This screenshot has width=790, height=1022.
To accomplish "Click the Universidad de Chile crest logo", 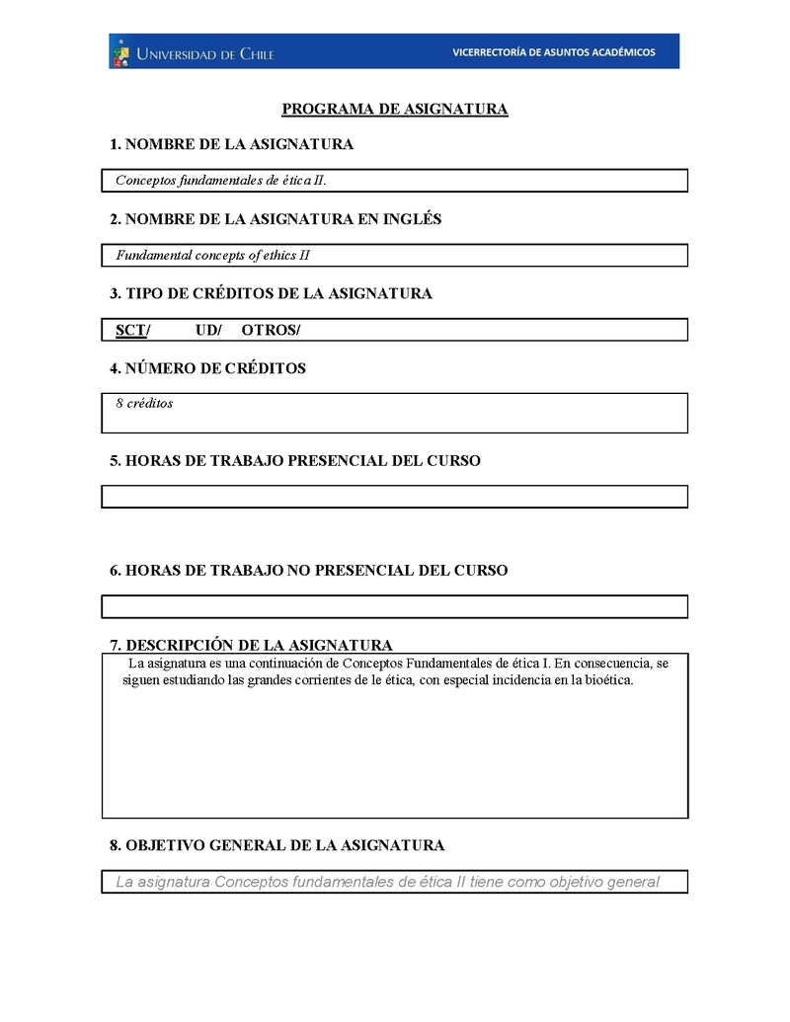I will (x=120, y=51).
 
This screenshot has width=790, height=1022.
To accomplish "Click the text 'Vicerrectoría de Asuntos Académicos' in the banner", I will (x=553, y=52).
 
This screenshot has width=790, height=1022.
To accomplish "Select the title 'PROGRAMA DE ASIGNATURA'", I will (x=395, y=110).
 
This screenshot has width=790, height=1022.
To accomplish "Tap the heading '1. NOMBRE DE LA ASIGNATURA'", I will (x=231, y=145).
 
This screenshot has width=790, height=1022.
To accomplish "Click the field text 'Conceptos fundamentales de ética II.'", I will (x=221, y=181).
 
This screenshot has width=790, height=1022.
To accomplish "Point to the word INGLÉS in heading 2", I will (x=408, y=219).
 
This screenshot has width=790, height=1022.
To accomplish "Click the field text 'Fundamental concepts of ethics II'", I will (x=213, y=256).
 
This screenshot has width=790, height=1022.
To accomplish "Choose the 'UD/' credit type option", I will (x=208, y=330).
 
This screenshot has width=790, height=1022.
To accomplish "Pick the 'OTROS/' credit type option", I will (x=271, y=330).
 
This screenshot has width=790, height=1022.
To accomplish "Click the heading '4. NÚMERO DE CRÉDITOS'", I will (x=207, y=368).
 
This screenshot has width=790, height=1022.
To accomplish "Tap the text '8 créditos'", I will (x=144, y=403).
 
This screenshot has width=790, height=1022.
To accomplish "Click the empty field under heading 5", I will (x=395, y=497).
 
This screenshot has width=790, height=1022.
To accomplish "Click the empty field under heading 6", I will (x=395, y=606).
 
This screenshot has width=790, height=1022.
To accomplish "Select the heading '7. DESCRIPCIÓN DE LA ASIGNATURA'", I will (x=251, y=645).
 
